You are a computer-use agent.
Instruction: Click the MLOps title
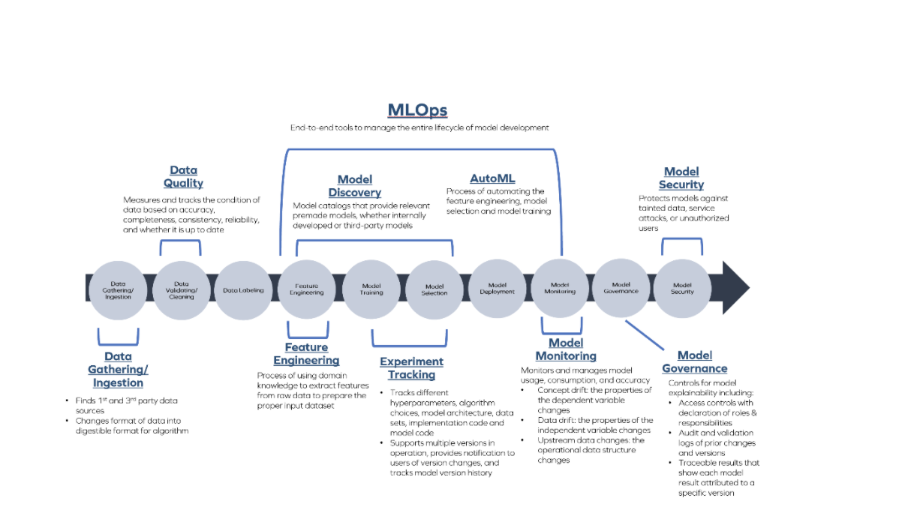pyautogui.click(x=417, y=109)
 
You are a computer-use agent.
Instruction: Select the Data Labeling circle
pyautogui.click(x=243, y=290)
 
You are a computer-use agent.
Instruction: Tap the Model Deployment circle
pyautogui.click(x=497, y=289)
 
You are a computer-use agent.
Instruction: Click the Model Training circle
pyautogui.click(x=371, y=289)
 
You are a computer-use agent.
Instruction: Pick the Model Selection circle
pyautogui.click(x=434, y=290)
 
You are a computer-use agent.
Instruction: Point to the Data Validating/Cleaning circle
pyautogui.click(x=182, y=290)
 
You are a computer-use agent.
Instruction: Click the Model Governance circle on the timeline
pyautogui.click(x=621, y=288)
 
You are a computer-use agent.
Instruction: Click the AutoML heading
pyautogui.click(x=492, y=178)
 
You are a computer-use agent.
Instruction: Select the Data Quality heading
pyautogui.click(x=183, y=176)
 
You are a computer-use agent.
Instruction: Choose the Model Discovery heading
pyautogui.click(x=355, y=186)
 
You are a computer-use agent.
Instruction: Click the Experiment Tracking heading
pyautogui.click(x=411, y=368)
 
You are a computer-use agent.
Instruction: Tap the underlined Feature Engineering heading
pyautogui.click(x=306, y=354)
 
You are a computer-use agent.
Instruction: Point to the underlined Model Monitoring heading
pyautogui.click(x=566, y=349)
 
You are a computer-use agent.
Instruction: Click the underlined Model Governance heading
pyautogui.click(x=695, y=361)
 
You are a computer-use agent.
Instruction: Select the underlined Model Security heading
pyautogui.click(x=681, y=178)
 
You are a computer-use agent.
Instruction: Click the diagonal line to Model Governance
pyautogui.click(x=645, y=335)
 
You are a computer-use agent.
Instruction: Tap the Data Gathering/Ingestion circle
pyautogui.click(x=118, y=290)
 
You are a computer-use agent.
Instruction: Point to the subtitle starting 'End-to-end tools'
pyautogui.click(x=419, y=127)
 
